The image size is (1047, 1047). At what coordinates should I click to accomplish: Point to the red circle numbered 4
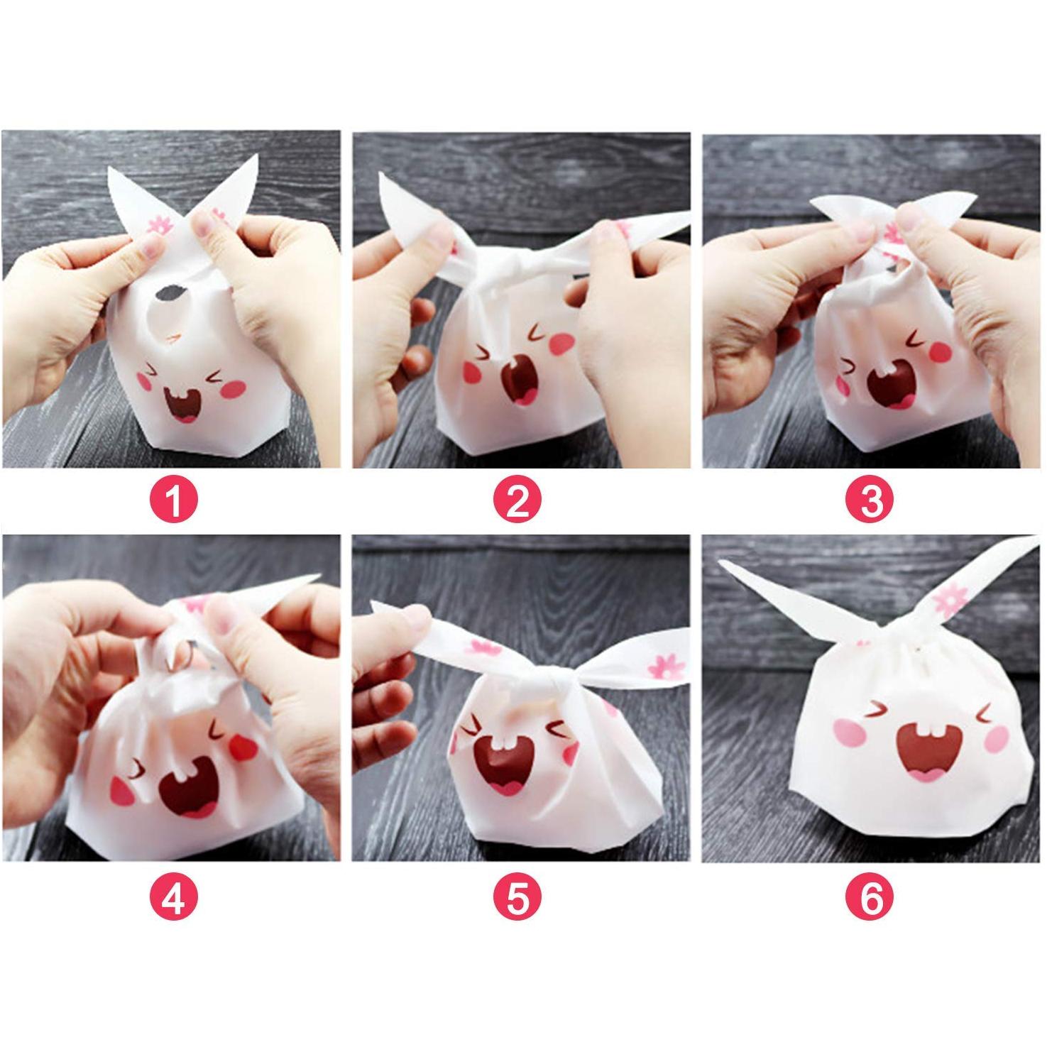point(174,898)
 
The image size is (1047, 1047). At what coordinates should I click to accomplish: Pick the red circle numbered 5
point(517,898)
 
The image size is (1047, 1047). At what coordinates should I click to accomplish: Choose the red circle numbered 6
point(870,898)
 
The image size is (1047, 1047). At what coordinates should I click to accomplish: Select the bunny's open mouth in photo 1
point(183,405)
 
